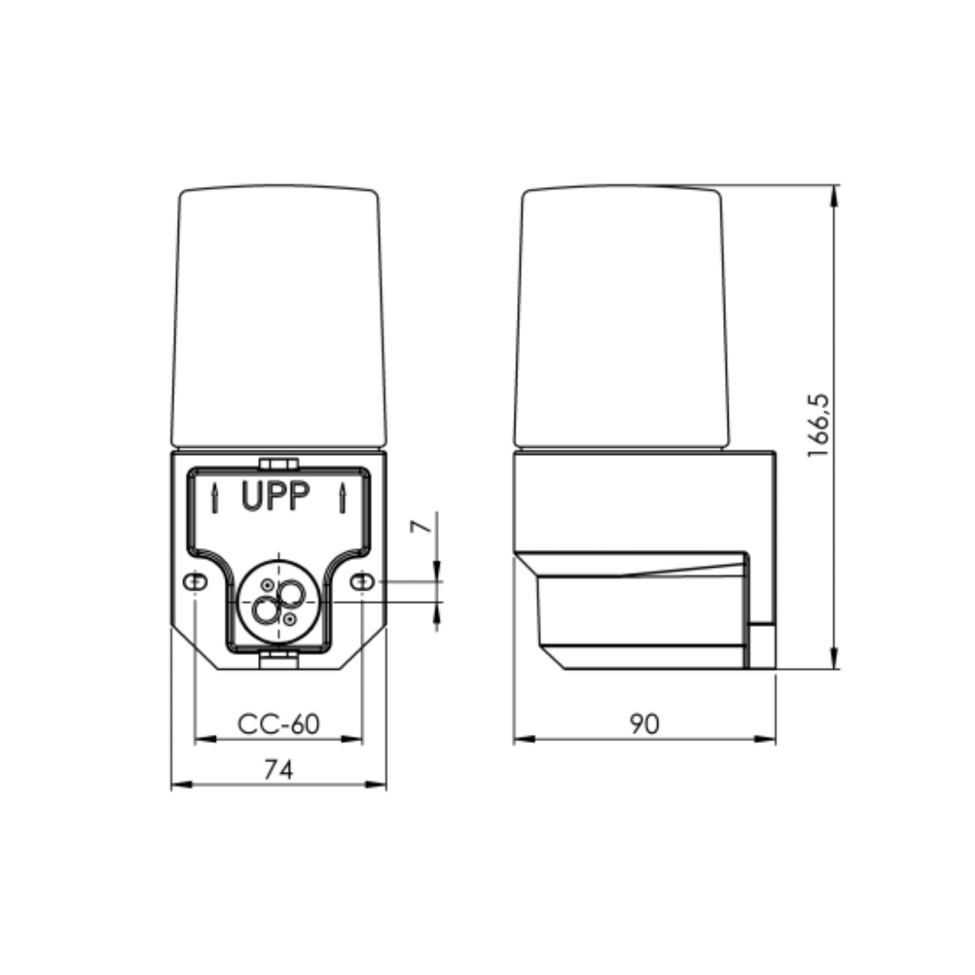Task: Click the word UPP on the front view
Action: (275, 497)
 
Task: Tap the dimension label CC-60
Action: (279, 724)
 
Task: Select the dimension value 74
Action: (278, 770)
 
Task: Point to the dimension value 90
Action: (645, 724)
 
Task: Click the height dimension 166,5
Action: (818, 426)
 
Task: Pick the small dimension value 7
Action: (421, 526)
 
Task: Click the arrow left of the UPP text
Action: (215, 498)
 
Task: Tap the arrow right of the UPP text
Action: (342, 498)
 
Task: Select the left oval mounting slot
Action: (195, 582)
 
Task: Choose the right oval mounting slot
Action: (362, 582)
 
